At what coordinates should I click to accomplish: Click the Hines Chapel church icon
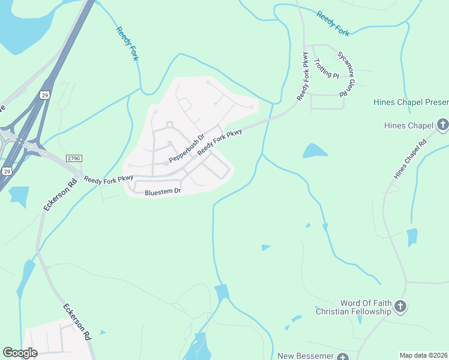click(x=442, y=125)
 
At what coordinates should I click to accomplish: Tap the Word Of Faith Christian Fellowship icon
click(x=400, y=307)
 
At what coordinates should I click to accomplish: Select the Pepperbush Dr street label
click(x=187, y=149)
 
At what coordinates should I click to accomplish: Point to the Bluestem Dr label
click(x=163, y=192)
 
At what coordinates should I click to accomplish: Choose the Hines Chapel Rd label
click(x=410, y=159)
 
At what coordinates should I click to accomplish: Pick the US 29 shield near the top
click(x=45, y=95)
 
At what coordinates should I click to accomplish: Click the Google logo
click(x=20, y=353)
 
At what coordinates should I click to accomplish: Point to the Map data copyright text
click(x=423, y=355)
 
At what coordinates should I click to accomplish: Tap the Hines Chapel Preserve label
click(x=411, y=102)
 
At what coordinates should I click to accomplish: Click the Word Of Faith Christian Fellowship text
click(x=357, y=307)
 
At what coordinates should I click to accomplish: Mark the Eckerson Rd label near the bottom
click(x=78, y=322)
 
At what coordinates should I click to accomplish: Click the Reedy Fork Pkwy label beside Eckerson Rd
click(x=108, y=179)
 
